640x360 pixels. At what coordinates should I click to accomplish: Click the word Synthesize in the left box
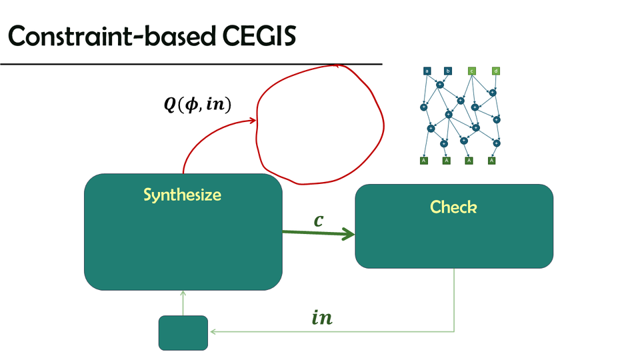[182, 195]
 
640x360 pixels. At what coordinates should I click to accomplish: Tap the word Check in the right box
[453, 207]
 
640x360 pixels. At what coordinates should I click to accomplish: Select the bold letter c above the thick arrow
[319, 220]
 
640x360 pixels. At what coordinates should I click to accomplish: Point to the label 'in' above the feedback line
[322, 318]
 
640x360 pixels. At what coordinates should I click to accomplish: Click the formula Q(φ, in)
[197, 105]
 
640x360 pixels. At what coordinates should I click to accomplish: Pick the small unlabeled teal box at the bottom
[183, 333]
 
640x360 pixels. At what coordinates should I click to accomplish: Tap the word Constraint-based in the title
[107, 38]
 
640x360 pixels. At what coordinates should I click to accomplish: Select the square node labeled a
[427, 71]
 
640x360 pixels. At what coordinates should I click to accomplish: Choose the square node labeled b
[448, 71]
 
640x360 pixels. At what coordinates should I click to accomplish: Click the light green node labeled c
[471, 71]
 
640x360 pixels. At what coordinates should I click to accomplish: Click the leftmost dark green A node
[423, 161]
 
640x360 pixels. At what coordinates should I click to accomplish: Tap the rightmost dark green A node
[491, 161]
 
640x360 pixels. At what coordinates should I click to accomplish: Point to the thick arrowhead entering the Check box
[349, 234]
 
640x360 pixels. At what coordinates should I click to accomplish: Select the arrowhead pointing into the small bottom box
[212, 331]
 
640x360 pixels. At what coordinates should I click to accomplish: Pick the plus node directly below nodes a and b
[440, 85]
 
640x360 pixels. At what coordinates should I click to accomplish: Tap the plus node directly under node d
[493, 93]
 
